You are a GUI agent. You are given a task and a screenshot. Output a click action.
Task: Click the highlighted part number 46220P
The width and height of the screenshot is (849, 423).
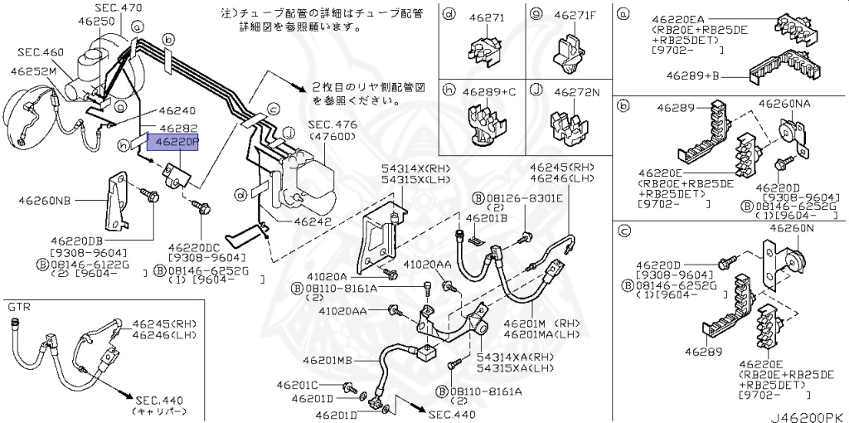pos(172,143)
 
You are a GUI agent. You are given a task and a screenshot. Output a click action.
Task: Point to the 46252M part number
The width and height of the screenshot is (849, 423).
pos(33,71)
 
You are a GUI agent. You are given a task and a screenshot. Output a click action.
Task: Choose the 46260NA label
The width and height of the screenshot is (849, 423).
pos(784,105)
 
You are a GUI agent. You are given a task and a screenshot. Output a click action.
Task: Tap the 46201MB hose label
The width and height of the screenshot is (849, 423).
pos(327,361)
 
